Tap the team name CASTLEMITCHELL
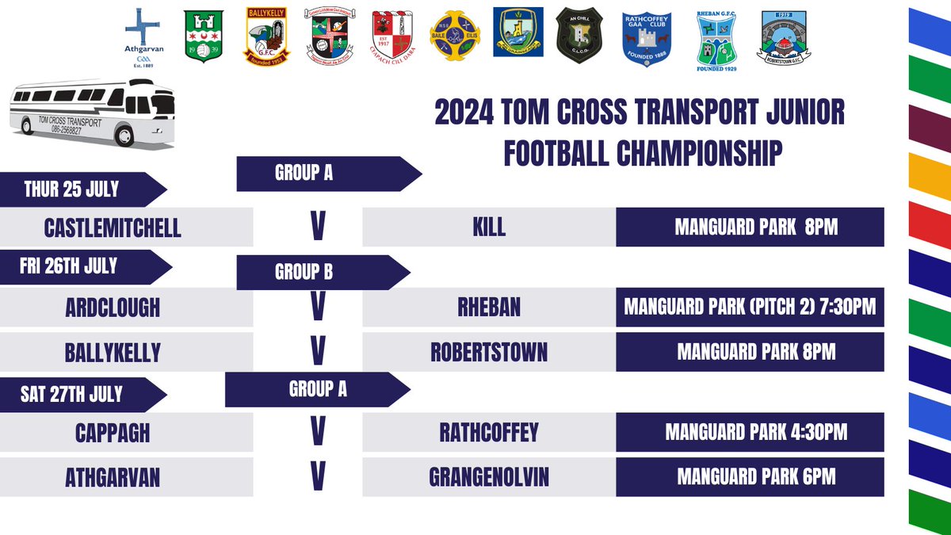point(113,228)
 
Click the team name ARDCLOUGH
point(113,307)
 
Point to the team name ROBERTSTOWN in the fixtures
point(488,351)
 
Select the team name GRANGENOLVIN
point(488,477)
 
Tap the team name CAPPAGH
point(113,433)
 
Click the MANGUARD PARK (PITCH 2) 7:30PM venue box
point(750,307)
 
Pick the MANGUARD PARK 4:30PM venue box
point(750,433)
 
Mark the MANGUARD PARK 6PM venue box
point(750,477)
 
